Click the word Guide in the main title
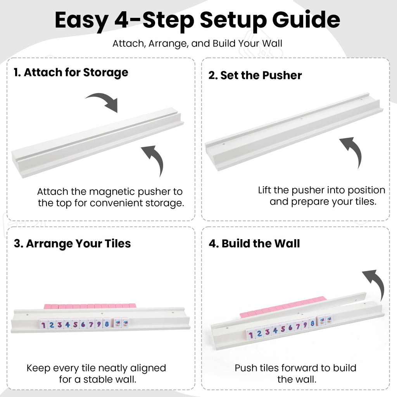[x=306, y=20]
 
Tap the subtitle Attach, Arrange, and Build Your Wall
[x=197, y=43]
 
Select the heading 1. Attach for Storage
[x=71, y=72]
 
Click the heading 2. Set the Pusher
[x=255, y=75]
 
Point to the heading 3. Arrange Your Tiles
[x=72, y=243]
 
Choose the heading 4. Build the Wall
[x=254, y=243]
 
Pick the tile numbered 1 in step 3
[x=43, y=325]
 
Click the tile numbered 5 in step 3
[x=75, y=324]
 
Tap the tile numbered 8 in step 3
[x=107, y=324]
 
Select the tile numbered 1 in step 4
[x=250, y=335]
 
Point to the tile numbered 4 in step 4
[x=275, y=330]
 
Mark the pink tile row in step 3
[x=90, y=306]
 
